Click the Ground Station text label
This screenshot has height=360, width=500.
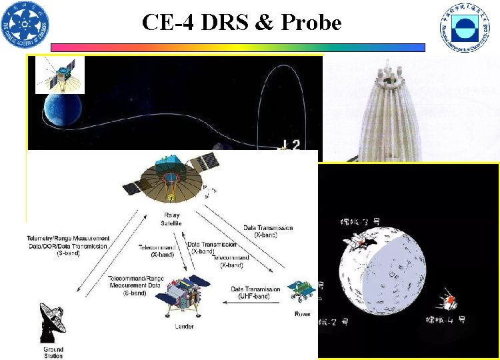tap(53, 352)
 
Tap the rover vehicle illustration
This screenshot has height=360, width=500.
tap(301, 292)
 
